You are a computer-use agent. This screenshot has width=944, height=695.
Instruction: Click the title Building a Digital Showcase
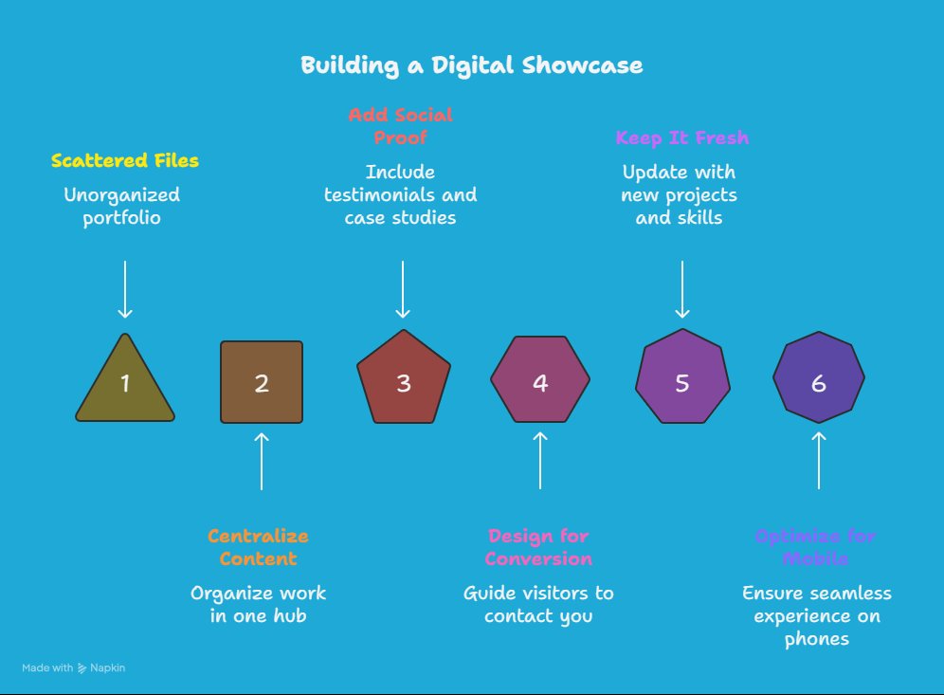[x=471, y=65]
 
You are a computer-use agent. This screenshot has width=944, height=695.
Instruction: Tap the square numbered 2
[x=262, y=382]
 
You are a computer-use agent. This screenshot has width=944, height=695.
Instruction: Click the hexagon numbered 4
[x=540, y=382]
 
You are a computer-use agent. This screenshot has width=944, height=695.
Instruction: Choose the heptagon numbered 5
[x=682, y=382]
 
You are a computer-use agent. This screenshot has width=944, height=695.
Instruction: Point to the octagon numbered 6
[x=819, y=382]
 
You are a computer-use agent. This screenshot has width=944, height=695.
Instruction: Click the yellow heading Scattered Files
[x=125, y=160]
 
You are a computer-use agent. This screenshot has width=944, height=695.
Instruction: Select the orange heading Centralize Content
[x=258, y=547]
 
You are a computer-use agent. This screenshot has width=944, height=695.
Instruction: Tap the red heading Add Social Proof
[x=400, y=126]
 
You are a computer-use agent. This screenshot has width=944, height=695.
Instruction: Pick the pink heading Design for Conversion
[x=538, y=547]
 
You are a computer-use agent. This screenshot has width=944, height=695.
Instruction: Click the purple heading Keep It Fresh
[x=681, y=137]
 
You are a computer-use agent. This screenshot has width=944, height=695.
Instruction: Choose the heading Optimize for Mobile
[x=815, y=547]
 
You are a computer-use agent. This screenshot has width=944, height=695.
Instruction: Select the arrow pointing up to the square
[x=262, y=461]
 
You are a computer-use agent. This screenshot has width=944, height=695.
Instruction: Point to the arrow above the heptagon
[x=682, y=288]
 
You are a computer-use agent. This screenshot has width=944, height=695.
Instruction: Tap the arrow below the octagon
[x=819, y=461]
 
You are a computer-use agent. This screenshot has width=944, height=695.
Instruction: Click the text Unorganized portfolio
[x=121, y=206]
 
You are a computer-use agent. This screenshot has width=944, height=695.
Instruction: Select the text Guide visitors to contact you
[x=538, y=604]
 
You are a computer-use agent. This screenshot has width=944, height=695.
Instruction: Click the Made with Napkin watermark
[x=74, y=668]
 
